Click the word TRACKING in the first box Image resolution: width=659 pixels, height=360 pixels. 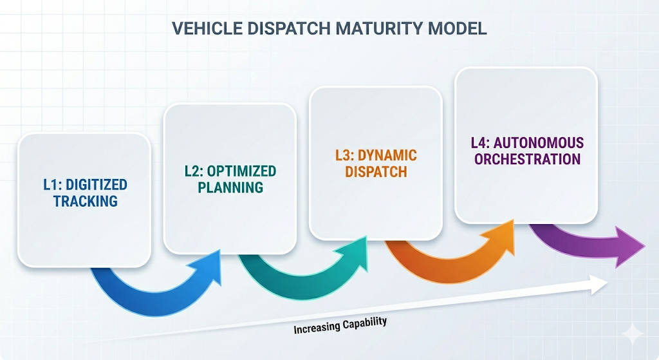tap(85, 201)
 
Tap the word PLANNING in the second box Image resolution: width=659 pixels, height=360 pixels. tap(230, 187)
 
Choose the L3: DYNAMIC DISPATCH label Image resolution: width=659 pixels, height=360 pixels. tap(376, 164)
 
